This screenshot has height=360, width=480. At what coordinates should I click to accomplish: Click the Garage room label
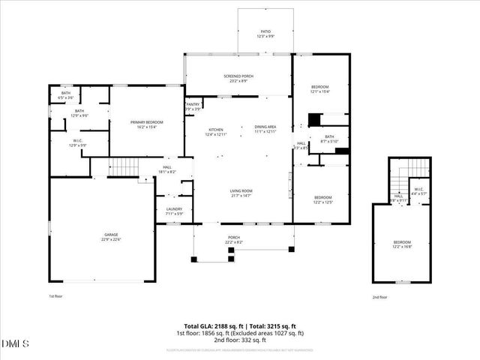[x=101, y=237]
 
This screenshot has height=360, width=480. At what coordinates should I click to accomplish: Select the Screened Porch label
[x=238, y=78]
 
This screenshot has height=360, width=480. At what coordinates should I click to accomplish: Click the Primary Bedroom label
[x=147, y=124]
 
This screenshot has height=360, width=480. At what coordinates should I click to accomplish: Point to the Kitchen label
[x=215, y=132]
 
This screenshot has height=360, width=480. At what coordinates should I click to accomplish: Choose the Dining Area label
[x=265, y=129]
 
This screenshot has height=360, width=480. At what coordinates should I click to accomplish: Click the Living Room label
[x=241, y=193]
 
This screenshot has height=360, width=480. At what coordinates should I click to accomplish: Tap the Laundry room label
[x=173, y=211]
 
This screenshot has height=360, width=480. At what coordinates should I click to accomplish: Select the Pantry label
[x=192, y=106]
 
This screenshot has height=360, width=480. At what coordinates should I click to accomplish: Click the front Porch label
[x=234, y=240]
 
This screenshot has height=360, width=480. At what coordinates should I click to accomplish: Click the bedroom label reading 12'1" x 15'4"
[x=320, y=89]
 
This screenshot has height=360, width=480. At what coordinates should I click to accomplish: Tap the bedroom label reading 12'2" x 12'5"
[x=322, y=199]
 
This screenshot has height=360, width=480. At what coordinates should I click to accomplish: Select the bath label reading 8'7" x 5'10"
[x=329, y=139]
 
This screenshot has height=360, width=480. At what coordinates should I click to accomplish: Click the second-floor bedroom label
[x=402, y=244]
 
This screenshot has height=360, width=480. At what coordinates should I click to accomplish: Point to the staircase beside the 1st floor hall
[x=125, y=166]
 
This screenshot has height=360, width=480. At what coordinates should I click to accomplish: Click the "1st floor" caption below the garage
[x=57, y=297]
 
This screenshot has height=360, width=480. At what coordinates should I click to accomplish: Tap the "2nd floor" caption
[x=381, y=297]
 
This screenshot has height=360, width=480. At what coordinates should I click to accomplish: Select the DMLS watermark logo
[x=16, y=343]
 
